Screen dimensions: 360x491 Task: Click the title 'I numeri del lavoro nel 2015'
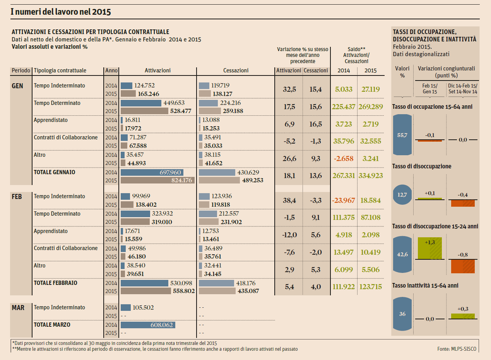click(x=61, y=12)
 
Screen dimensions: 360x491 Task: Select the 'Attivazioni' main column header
click(x=157, y=70)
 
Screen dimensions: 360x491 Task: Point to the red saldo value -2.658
click(x=344, y=158)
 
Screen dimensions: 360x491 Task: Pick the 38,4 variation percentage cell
click(x=289, y=201)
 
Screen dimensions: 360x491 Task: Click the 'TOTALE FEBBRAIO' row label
click(x=55, y=283)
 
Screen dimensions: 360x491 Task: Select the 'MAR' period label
click(x=18, y=308)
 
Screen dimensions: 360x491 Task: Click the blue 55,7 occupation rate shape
click(x=402, y=135)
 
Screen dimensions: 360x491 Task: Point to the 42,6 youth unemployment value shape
click(x=402, y=254)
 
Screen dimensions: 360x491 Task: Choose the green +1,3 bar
click(x=429, y=248)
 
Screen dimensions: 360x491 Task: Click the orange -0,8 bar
click(x=463, y=266)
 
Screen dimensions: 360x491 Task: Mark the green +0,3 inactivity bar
click(x=463, y=316)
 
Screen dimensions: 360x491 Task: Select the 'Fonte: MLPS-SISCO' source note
click(x=457, y=349)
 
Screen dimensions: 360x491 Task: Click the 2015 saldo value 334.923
click(x=370, y=176)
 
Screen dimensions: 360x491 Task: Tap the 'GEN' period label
click(x=18, y=86)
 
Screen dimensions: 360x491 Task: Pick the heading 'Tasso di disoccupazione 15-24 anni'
click(x=435, y=226)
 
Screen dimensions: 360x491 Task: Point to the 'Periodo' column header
click(x=21, y=70)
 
